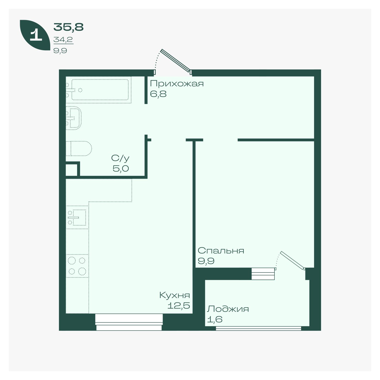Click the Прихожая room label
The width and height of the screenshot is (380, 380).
tap(177, 84)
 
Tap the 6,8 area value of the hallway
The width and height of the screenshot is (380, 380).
tap(158, 94)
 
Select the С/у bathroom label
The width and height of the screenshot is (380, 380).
tap(120, 158)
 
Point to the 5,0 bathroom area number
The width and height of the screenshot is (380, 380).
tap(121, 168)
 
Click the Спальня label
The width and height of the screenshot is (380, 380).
tap(221, 251)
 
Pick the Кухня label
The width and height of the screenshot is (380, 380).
tap(175, 295)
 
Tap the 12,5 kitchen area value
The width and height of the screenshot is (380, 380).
tap(179, 306)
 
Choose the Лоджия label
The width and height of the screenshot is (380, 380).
tap(228, 309)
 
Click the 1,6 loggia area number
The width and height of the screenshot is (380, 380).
tap(215, 319)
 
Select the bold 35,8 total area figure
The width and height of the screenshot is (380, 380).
tap(68, 27)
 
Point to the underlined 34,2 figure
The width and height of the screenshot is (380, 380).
tap(63, 40)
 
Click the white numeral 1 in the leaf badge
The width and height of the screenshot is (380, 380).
tap(36, 35)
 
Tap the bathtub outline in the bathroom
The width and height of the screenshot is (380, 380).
tap(100, 90)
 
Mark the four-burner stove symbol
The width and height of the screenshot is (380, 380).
tap(77, 266)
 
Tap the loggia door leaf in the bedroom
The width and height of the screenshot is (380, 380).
tap(292, 260)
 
